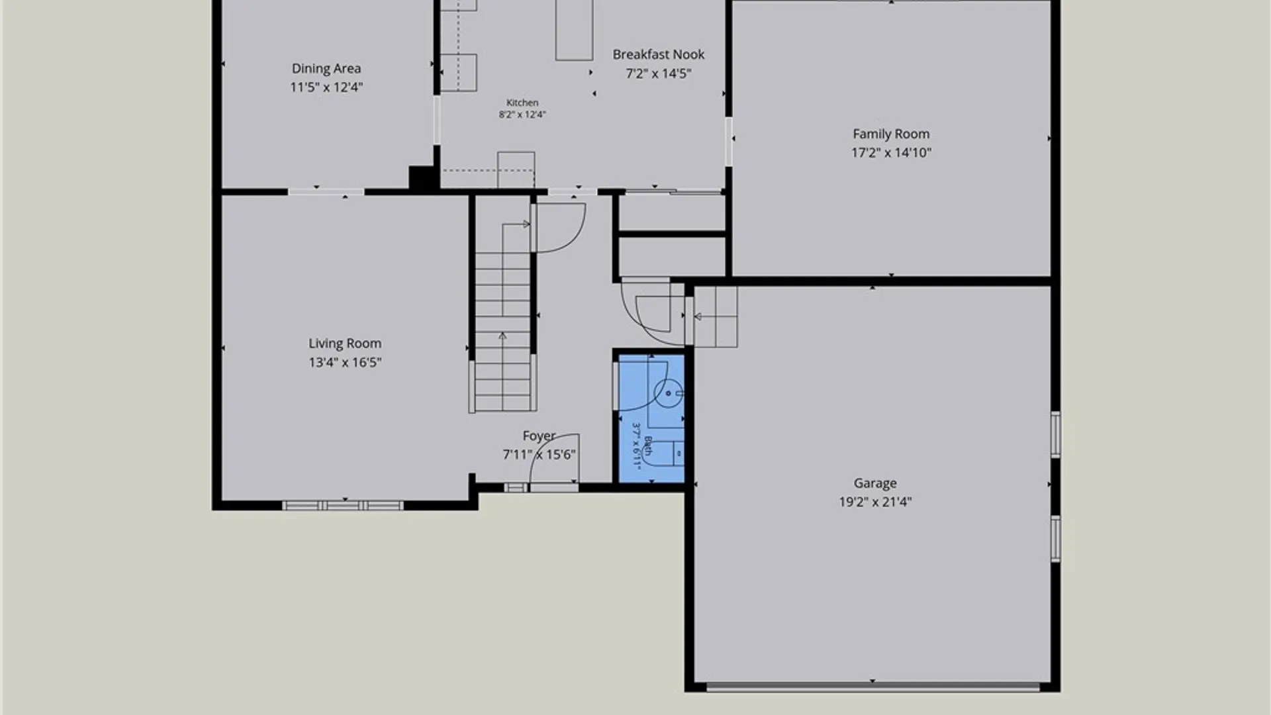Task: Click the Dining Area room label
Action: coord(326,68)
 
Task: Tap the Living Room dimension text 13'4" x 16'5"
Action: coord(345,362)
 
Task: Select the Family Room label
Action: coord(891,134)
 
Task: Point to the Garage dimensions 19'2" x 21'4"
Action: coord(875,502)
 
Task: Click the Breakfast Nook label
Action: coord(658,54)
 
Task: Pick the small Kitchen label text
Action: coord(522,103)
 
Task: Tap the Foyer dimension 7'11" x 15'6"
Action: coord(539,455)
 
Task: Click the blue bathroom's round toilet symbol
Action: coord(669,393)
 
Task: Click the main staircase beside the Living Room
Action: coord(503,318)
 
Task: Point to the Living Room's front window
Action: coord(343,506)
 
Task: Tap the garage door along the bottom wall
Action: coord(872,687)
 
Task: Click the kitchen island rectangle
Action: coord(574,30)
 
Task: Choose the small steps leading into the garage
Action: coord(715,316)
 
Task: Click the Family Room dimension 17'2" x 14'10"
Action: coord(891,152)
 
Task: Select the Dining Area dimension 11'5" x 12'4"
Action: coord(326,87)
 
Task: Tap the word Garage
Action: coord(875,483)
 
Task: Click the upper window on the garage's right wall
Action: coord(1056,434)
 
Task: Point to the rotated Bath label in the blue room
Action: coord(648,446)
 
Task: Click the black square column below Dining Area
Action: coord(422,177)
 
